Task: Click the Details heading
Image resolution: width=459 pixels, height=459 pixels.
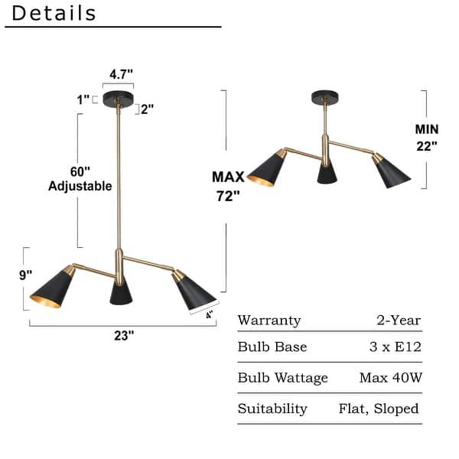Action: click(x=54, y=14)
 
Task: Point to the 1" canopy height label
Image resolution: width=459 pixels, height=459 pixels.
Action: click(x=83, y=99)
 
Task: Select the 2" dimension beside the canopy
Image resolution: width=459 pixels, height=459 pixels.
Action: click(x=146, y=109)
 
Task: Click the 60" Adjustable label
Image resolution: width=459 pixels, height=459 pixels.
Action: click(x=80, y=178)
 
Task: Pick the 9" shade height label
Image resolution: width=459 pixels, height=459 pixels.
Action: click(x=26, y=274)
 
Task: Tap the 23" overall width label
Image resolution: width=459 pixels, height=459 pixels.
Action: click(x=123, y=334)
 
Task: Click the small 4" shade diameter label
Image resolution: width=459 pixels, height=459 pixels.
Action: click(x=209, y=313)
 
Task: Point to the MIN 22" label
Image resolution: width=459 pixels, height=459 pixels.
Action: click(x=426, y=138)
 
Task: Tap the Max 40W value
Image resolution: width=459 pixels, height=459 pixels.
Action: click(x=390, y=377)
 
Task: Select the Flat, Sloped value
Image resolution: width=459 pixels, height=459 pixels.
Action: click(x=380, y=409)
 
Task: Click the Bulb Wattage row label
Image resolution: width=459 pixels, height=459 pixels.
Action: click(x=282, y=377)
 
